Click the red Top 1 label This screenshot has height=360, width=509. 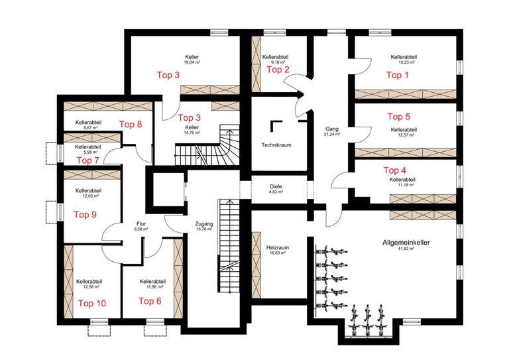click(398, 75)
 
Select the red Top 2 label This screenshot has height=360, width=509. click(278, 69)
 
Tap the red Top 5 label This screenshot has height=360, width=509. click(398, 117)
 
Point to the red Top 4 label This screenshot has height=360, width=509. click(396, 170)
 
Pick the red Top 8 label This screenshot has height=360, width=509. click(131, 123)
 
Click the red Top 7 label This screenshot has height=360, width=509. click(88, 160)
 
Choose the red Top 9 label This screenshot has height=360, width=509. click(85, 214)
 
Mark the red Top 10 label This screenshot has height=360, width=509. click(91, 303)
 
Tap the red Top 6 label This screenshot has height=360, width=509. click(150, 300)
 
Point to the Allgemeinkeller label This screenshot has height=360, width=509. click(405, 243)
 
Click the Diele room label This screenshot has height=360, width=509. click(276, 187)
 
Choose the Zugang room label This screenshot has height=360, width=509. click(204, 224)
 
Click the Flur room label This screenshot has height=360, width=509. click(141, 224)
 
